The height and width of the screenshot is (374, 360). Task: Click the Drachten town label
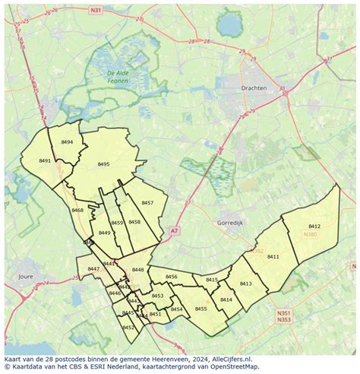(x=254, y=88)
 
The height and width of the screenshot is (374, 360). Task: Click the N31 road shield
(x=95, y=11)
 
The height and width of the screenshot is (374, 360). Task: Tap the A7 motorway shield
(x=175, y=230)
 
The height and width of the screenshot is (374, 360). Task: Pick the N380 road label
(x=311, y=234)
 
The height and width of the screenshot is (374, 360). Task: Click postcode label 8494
(x=67, y=142)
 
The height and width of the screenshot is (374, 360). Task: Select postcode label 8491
(x=45, y=161)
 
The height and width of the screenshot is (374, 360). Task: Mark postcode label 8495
(x=103, y=164)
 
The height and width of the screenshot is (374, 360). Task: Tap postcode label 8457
(x=147, y=203)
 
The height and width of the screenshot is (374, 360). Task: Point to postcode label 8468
(x=77, y=210)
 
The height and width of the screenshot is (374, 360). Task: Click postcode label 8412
(x=314, y=227)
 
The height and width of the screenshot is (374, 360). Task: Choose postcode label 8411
(x=273, y=257)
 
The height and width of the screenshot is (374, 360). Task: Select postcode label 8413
(x=245, y=284)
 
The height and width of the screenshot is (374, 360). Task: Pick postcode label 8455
(x=201, y=309)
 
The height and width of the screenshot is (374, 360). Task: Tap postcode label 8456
(x=171, y=277)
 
